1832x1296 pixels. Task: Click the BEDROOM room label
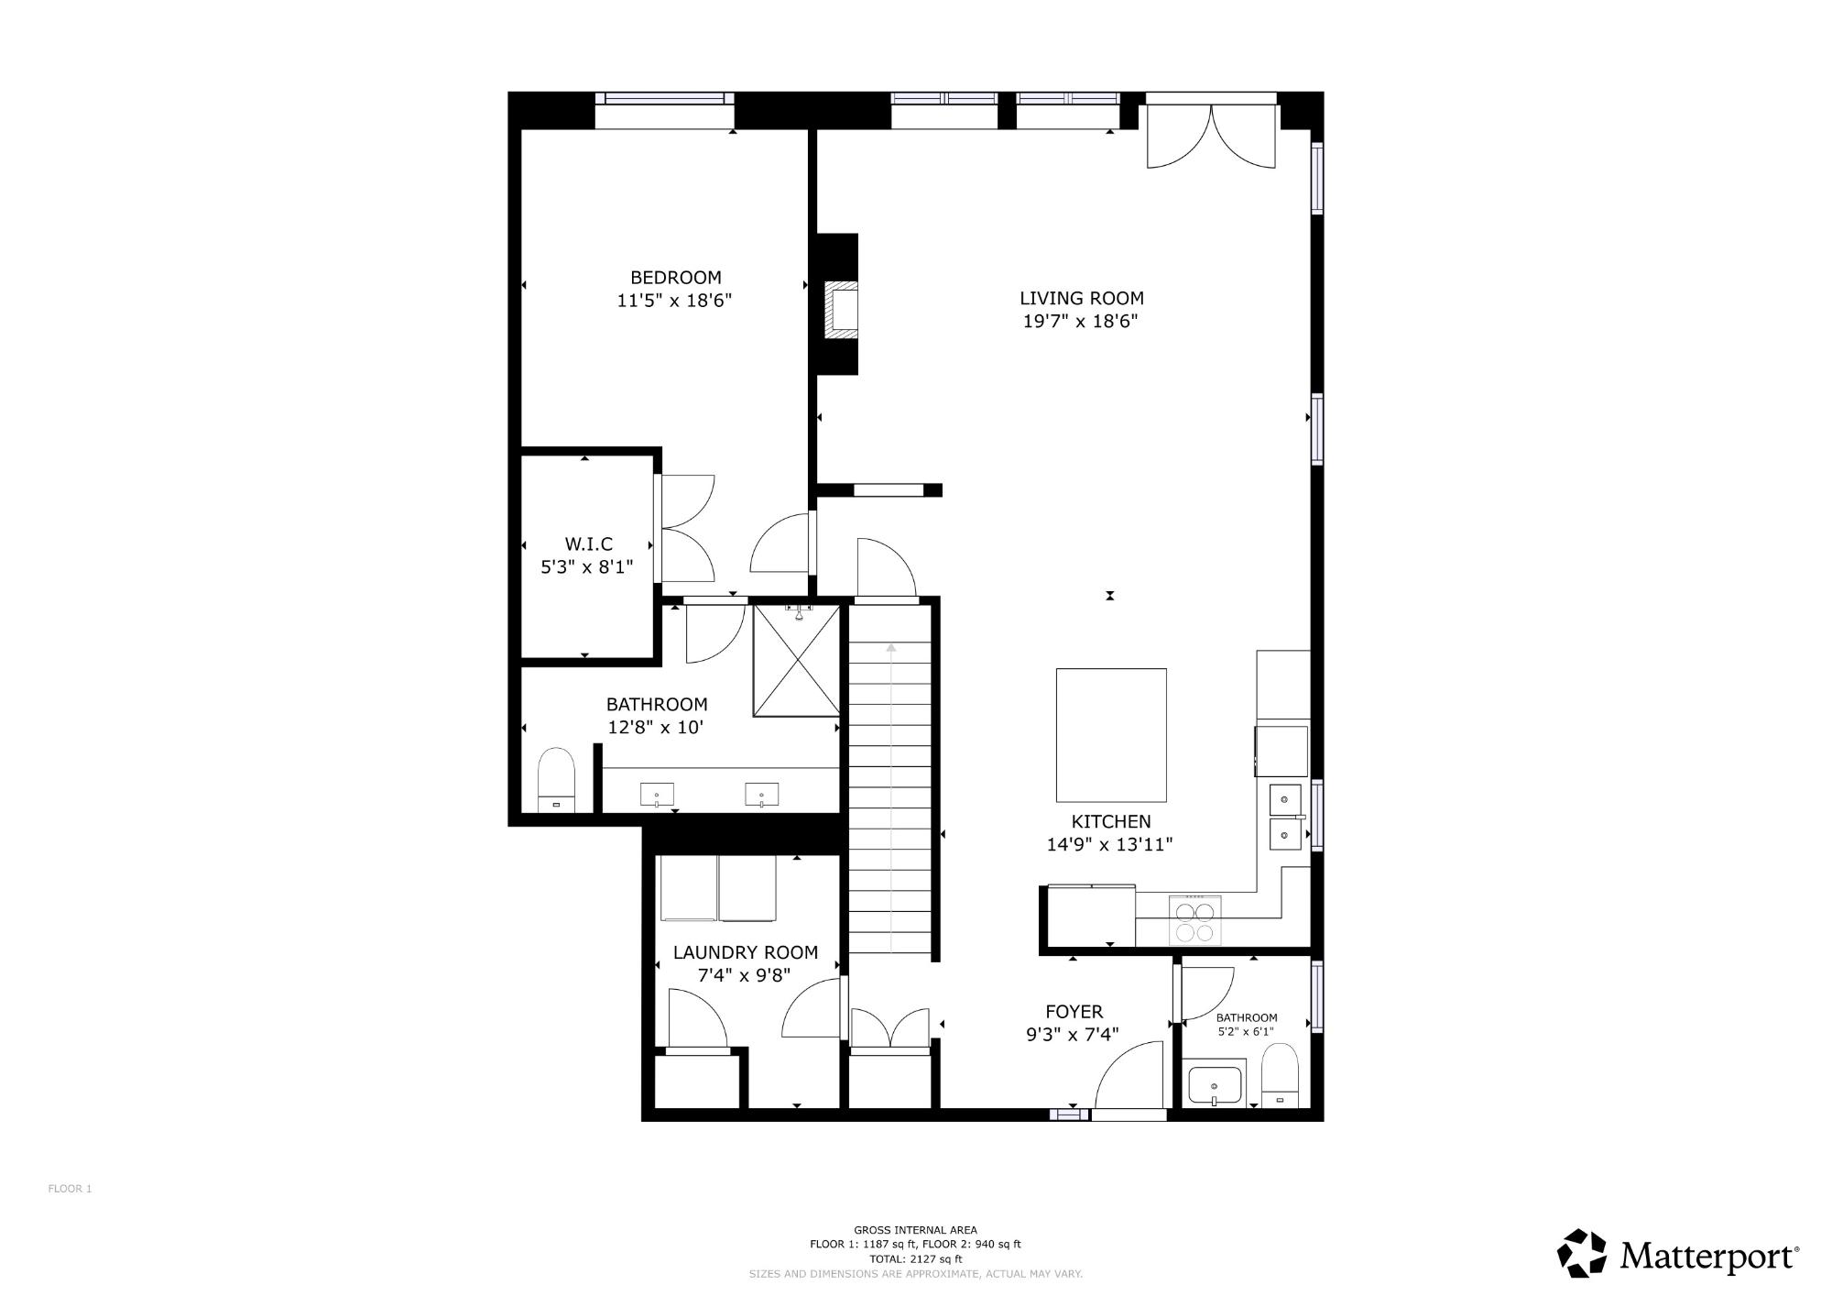675,278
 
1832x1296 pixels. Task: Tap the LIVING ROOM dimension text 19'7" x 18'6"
1080,322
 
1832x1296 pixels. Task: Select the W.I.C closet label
587,544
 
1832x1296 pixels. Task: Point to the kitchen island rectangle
1111,735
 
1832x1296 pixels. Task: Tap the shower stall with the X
796,660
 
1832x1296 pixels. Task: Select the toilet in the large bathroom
555,780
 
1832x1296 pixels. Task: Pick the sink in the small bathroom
1215,1086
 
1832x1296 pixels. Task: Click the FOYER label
1074,1012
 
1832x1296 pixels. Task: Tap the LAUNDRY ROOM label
746,953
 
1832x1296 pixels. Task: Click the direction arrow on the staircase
891,797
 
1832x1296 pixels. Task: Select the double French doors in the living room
1211,136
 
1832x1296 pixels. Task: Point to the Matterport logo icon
1582,1253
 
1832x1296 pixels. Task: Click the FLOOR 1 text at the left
70,1189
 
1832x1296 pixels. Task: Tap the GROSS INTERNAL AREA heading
915,1230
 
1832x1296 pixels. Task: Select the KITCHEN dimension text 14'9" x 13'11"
1110,845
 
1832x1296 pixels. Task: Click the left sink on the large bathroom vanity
657,795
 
